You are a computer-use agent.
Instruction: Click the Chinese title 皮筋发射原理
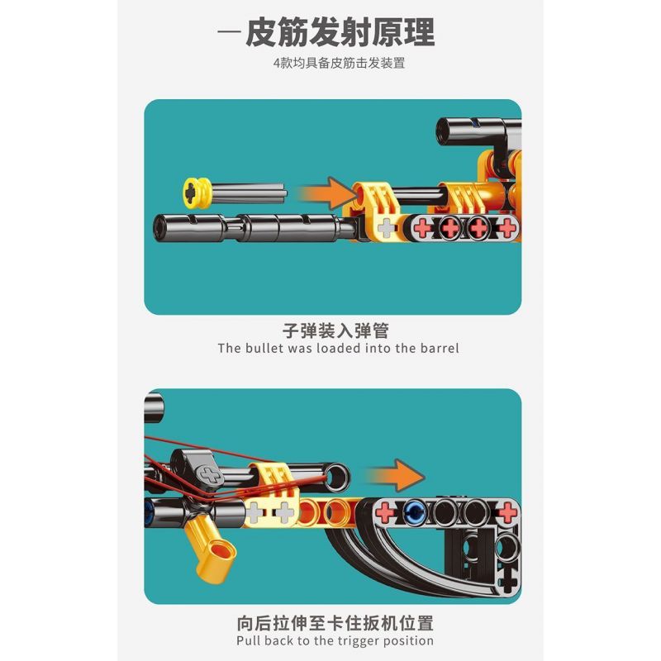340,32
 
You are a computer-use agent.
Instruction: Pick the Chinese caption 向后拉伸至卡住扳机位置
335,622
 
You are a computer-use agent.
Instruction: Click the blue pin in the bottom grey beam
411,512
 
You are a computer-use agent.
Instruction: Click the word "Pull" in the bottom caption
250,640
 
